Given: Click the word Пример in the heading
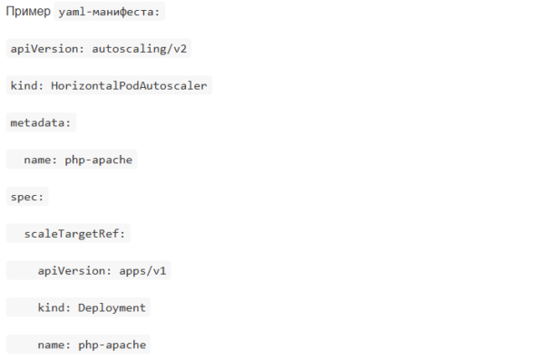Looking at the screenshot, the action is [28, 11].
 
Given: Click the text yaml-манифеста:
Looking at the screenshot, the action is [109, 12].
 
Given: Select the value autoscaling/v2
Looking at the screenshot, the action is [140, 49].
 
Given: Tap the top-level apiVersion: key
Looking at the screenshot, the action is [47, 49].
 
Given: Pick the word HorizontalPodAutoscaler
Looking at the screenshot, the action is [129, 85].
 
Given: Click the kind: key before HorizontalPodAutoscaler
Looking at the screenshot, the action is [27, 85].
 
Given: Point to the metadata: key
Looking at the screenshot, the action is [41, 122].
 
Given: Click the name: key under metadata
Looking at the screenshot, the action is [41, 160].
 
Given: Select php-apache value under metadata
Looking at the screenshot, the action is [99, 161].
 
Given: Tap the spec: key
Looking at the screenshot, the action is [27, 197].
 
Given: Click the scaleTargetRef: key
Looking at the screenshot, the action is [74, 234].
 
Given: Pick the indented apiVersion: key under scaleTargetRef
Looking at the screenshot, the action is [74, 271].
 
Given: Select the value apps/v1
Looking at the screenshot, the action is [142, 271].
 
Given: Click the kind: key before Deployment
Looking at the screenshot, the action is [54, 307].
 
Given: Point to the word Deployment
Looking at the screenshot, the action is [112, 308].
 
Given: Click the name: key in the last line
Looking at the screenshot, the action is [54, 345].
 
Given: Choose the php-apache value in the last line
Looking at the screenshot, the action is [112, 345].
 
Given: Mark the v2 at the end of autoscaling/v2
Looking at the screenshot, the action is [181, 49].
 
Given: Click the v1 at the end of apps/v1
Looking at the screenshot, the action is [160, 271].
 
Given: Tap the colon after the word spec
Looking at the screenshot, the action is [41, 198].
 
